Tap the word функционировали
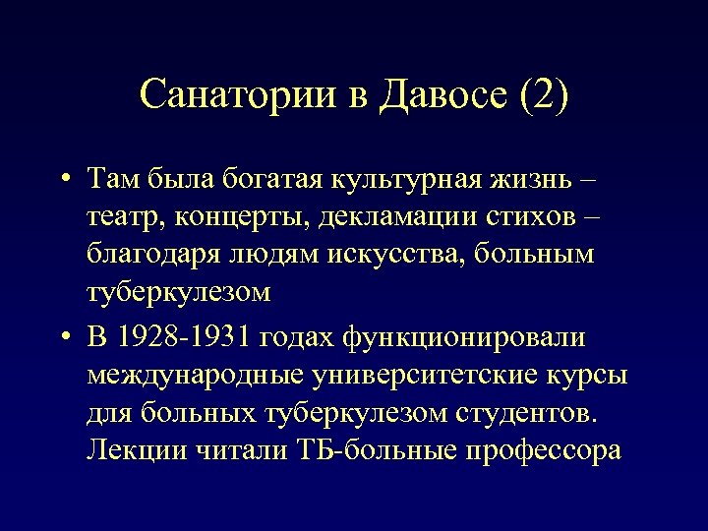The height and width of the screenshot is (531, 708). pyautogui.click(x=464, y=338)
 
